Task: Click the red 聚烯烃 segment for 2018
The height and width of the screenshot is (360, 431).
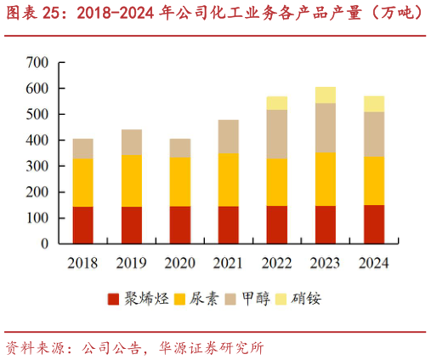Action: coord(83,225)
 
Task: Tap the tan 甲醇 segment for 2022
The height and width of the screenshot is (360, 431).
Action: coord(277,134)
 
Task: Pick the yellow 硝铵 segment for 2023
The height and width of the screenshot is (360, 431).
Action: coord(326,94)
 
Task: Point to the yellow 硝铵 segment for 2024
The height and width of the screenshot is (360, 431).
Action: coord(374,103)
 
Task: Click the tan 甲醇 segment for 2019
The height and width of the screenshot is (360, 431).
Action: coord(132,141)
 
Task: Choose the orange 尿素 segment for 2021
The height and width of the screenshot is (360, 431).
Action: coord(229,179)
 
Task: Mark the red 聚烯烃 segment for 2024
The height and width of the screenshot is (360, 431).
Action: coord(374,224)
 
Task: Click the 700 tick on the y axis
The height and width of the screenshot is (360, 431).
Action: coord(37,62)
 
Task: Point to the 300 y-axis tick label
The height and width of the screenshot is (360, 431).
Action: coord(37,166)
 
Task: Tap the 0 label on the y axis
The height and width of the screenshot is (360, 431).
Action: coord(43,243)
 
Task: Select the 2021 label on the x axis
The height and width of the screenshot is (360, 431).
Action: coord(229,263)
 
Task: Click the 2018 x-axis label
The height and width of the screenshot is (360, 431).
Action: coord(83,263)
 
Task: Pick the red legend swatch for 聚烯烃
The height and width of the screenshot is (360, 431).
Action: coord(113,300)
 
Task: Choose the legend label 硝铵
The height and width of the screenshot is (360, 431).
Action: coord(306,299)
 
